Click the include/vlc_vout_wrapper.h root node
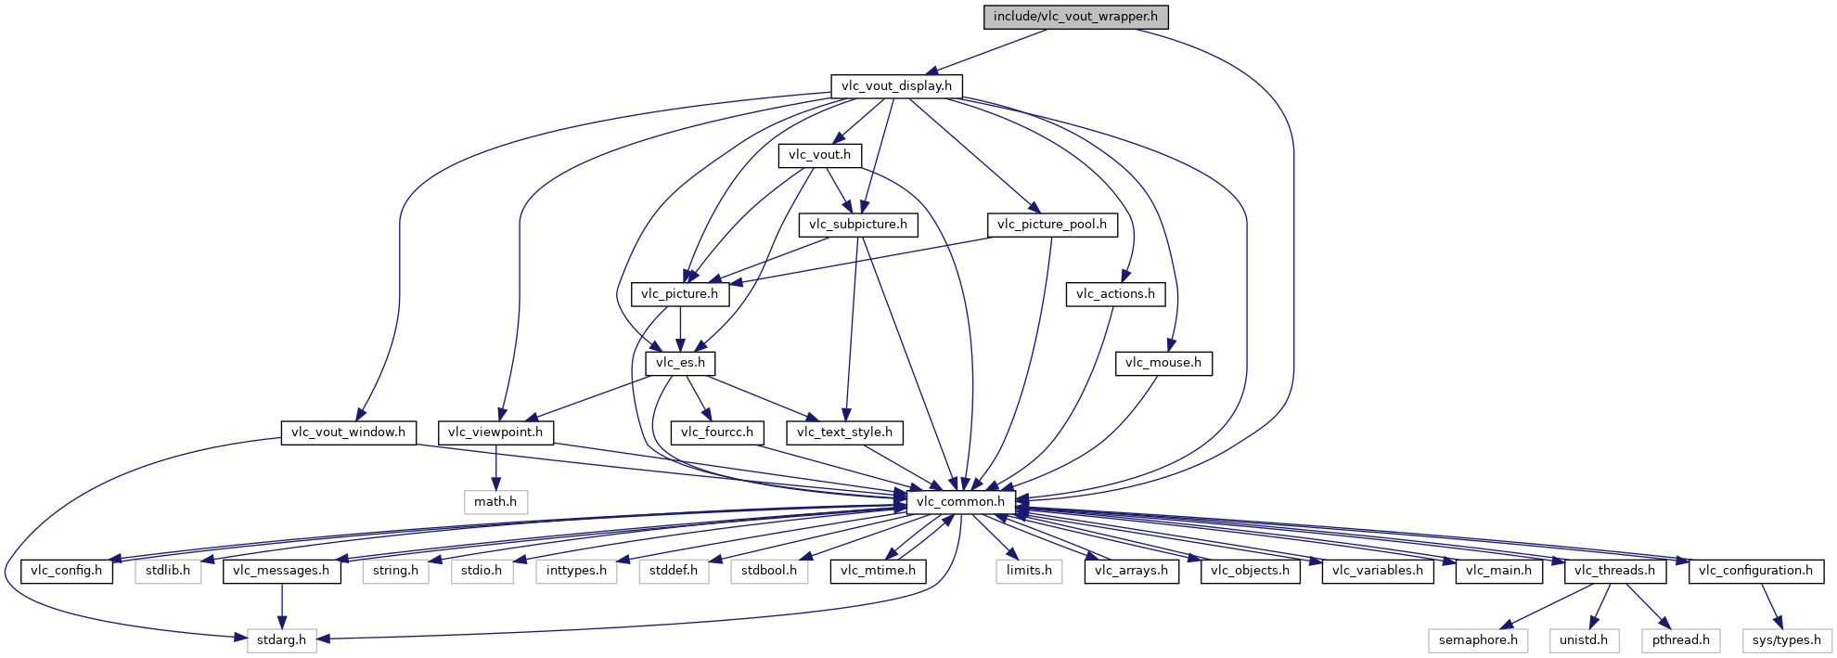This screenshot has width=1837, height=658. tap(1075, 17)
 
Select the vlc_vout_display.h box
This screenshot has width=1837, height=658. tap(896, 86)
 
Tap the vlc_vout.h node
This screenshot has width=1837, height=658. tap(820, 155)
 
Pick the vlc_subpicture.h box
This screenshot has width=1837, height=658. tap(858, 225)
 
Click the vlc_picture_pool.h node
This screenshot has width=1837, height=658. tap(1052, 225)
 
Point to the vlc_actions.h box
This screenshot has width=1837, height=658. tap(1116, 294)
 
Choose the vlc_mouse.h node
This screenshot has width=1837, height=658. tap(1163, 363)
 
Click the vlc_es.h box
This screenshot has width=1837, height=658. tap(681, 363)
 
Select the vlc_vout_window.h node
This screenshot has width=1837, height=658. tap(349, 432)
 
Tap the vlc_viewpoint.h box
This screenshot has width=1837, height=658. tap(495, 432)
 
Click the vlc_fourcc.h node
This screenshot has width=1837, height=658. tap(717, 432)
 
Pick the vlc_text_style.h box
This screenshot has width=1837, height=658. tap(845, 432)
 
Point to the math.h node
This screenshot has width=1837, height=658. tap(495, 502)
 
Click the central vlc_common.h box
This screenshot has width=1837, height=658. tap(960, 502)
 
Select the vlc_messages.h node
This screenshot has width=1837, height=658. tap(281, 571)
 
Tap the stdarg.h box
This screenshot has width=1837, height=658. tap(282, 640)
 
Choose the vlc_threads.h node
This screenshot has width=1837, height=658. tap(1615, 571)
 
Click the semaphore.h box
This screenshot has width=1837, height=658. tap(1479, 640)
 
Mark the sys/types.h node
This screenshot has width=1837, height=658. tap(1787, 640)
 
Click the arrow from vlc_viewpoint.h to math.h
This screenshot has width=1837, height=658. tap(495, 468)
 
